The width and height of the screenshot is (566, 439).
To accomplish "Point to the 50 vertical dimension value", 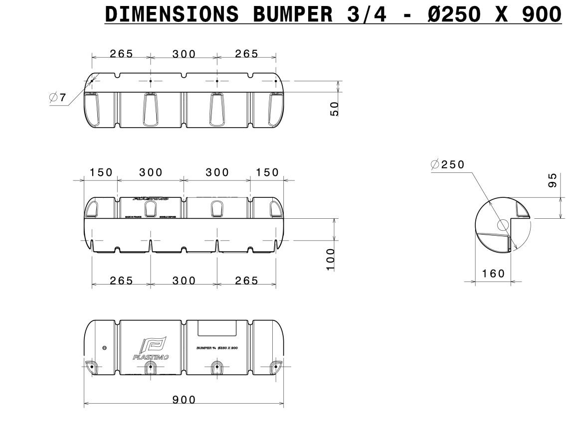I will (335, 108).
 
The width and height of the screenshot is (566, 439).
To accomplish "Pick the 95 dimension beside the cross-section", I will (553, 181).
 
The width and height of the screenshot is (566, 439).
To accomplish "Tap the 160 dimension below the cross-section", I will (494, 273).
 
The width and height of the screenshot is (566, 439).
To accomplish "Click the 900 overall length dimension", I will (184, 400).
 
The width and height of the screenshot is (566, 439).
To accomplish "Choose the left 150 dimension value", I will (101, 172).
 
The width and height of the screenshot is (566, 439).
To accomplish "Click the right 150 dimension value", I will (268, 172).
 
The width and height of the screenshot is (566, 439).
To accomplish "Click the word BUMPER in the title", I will (292, 15).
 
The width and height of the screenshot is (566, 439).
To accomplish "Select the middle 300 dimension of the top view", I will (184, 54).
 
